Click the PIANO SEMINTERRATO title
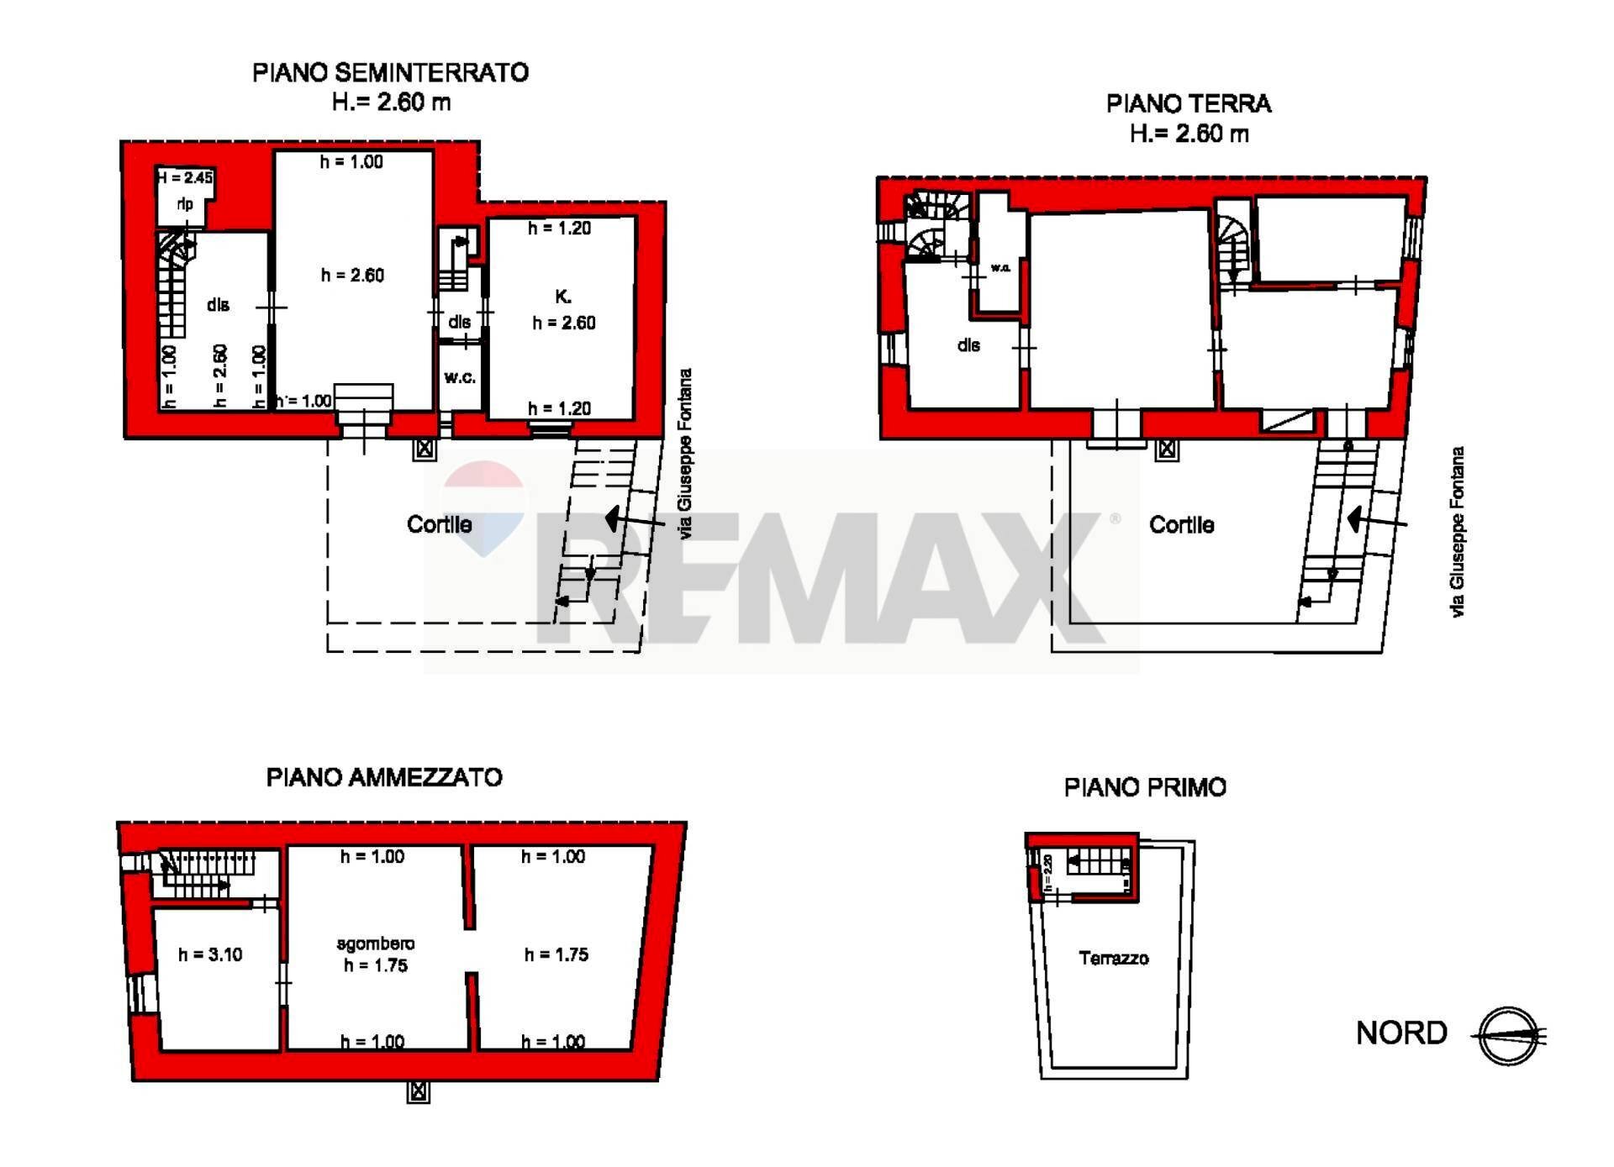[390, 72]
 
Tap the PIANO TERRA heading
[1188, 104]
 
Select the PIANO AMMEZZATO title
[384, 777]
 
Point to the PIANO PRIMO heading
[1145, 787]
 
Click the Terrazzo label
[1113, 958]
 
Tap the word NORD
[1401, 1033]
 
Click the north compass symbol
[1510, 1035]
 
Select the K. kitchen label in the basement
[563, 297]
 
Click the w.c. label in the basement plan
[460, 377]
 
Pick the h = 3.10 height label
[210, 954]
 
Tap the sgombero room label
[375, 944]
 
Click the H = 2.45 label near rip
[185, 177]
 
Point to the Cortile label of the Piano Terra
[1181, 525]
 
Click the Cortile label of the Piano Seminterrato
[439, 524]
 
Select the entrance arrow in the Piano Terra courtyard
[1376, 521]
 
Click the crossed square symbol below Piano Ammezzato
[419, 1092]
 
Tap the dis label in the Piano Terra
[968, 344]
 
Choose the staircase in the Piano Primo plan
[1097, 862]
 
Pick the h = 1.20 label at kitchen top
[559, 228]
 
